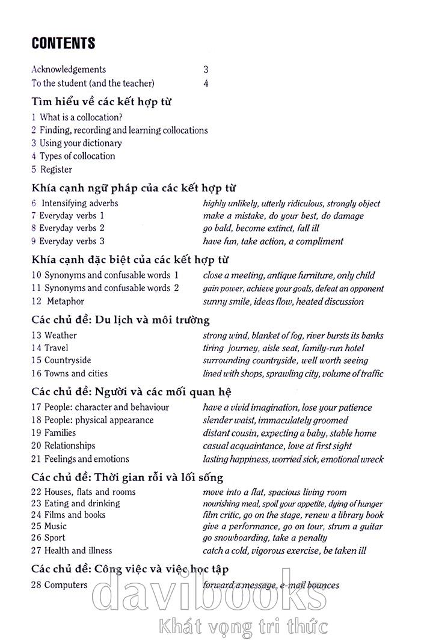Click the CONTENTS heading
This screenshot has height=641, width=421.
[x=63, y=43]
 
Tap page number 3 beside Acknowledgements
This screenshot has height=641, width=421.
[x=206, y=70]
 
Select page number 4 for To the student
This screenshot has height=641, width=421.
[x=206, y=84]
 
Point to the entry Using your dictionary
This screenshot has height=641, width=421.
[x=81, y=143]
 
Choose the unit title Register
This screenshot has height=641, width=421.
[x=56, y=170]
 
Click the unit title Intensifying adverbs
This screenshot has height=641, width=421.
[x=79, y=203]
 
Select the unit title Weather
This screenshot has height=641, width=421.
[x=61, y=335]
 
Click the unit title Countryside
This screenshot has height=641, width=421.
[x=68, y=360]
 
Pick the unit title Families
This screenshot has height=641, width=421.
[x=60, y=432]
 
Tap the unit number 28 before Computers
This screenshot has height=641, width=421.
[x=36, y=584]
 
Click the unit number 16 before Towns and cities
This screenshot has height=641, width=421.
[x=36, y=373]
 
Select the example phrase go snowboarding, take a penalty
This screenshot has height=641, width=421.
[x=265, y=538]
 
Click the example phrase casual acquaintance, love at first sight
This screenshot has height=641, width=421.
[x=277, y=446]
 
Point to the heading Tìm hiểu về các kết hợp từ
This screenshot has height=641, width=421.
[x=102, y=102]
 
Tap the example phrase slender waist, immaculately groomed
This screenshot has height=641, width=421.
[x=275, y=420]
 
